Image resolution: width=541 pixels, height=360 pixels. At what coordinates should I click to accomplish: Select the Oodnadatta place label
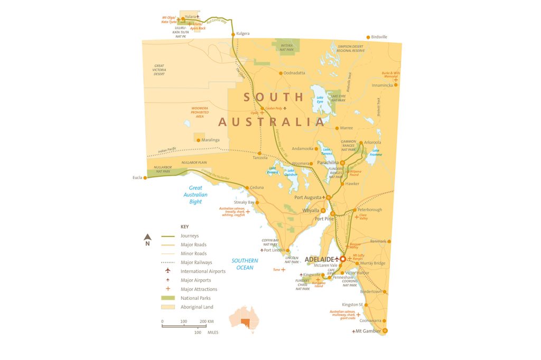294,73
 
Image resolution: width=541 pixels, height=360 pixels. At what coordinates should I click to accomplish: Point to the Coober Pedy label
275,108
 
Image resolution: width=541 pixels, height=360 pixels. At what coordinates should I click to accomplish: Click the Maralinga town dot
199,140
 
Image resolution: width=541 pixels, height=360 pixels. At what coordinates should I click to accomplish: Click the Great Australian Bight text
195,195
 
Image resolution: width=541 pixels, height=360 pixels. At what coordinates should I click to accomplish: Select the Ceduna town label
257,187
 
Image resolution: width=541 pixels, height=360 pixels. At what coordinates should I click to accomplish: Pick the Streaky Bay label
244,202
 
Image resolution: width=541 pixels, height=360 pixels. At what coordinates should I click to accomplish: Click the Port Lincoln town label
275,250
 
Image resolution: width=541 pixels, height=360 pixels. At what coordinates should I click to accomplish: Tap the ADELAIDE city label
320,259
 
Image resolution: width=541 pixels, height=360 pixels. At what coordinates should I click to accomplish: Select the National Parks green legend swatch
167,298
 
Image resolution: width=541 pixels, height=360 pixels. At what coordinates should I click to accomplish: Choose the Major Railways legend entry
196,262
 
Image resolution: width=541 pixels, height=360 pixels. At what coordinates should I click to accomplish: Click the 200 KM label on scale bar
206,321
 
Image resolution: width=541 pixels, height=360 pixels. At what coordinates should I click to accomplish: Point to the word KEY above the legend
184,226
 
